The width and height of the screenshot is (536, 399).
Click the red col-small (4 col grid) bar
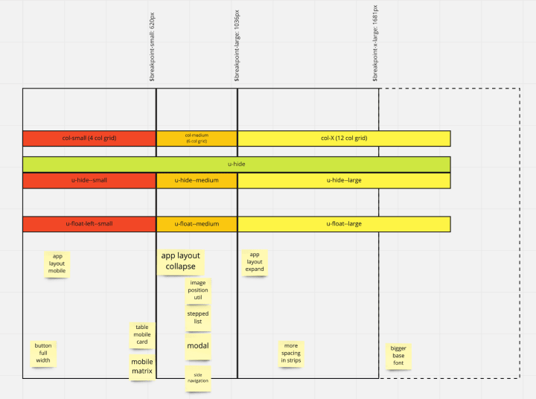[x=89, y=138]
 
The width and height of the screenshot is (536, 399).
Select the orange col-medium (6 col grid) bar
[x=197, y=138]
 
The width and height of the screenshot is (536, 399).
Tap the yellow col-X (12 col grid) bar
[x=344, y=138]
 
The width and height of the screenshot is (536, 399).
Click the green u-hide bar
[x=236, y=164]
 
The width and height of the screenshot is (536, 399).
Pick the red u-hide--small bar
[x=89, y=180]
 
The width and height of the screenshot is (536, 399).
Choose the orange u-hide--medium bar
[x=197, y=180]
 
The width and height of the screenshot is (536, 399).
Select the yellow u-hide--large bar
[x=344, y=180]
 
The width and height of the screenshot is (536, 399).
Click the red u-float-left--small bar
[x=89, y=224]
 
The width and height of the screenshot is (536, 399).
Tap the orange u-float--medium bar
[x=197, y=224]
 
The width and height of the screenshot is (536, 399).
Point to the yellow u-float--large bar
[x=344, y=224]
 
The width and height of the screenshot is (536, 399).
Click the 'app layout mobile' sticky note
[x=57, y=264]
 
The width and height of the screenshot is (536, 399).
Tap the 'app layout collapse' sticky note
[x=180, y=261]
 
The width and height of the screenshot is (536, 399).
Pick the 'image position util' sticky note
[x=198, y=290]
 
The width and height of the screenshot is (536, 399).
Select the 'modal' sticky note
[x=198, y=346]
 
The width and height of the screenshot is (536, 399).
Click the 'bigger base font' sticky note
[x=398, y=356]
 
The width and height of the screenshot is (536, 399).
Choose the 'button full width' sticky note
[x=43, y=353]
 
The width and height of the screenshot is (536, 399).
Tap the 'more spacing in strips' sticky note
[x=291, y=353]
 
